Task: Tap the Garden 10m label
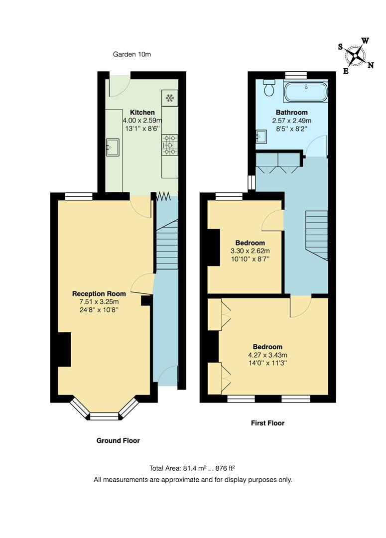[131, 54]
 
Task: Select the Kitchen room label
[142, 113]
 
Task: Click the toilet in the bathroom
[269, 88]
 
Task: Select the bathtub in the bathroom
[306, 92]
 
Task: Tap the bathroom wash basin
[261, 136]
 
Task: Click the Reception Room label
[96, 293]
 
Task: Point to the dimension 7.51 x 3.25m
[96, 301]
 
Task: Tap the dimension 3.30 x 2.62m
[250, 251]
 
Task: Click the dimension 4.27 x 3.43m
[267, 355]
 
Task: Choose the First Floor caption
[267, 423]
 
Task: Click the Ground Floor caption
[118, 440]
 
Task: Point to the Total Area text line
[192, 468]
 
